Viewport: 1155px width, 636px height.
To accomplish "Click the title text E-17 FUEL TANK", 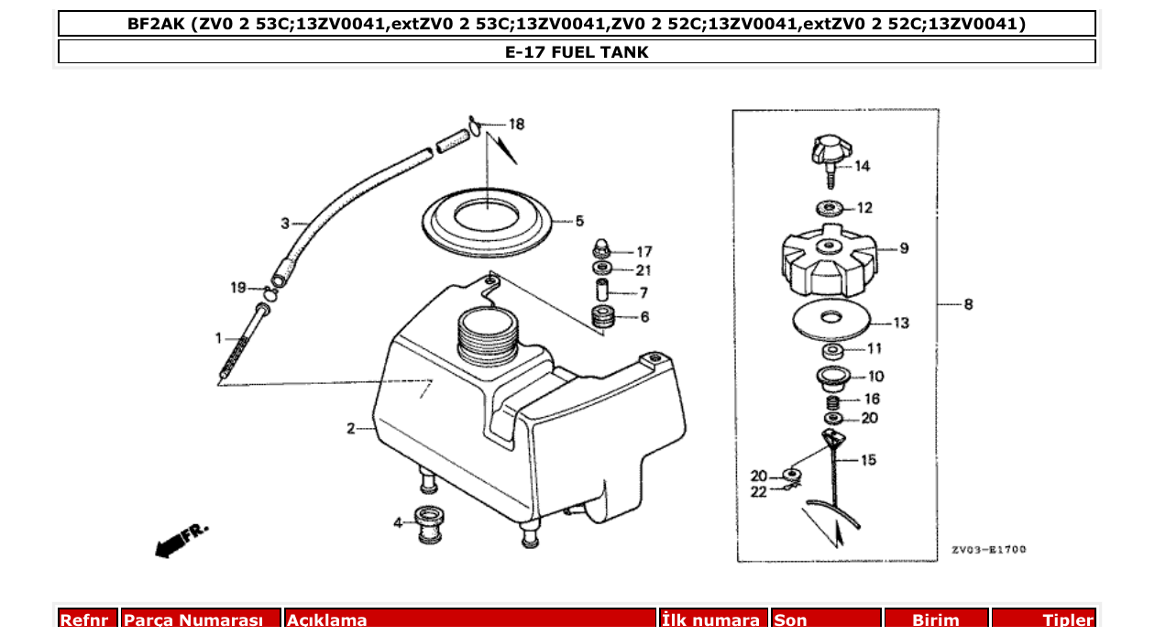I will pyautogui.click(x=577, y=52).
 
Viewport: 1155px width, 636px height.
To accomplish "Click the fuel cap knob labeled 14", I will pyautogui.click(x=830, y=150).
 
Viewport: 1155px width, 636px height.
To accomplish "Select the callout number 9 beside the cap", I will pyautogui.click(x=904, y=248).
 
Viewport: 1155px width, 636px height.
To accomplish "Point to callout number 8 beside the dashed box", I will pyautogui.click(x=968, y=305).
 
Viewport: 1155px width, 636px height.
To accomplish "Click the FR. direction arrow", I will pyautogui.click(x=181, y=541).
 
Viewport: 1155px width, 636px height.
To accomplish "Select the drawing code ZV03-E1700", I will pyautogui.click(x=988, y=550).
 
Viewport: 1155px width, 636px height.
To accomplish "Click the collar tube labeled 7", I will pyautogui.click(x=602, y=292).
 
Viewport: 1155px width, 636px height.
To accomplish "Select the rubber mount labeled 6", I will pyautogui.click(x=602, y=318).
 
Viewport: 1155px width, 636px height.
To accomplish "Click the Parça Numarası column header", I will pyautogui.click(x=201, y=620).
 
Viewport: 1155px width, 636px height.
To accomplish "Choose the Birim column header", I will pyautogui.click(x=935, y=620).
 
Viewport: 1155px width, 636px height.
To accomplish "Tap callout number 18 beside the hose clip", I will pyautogui.click(x=517, y=124).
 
